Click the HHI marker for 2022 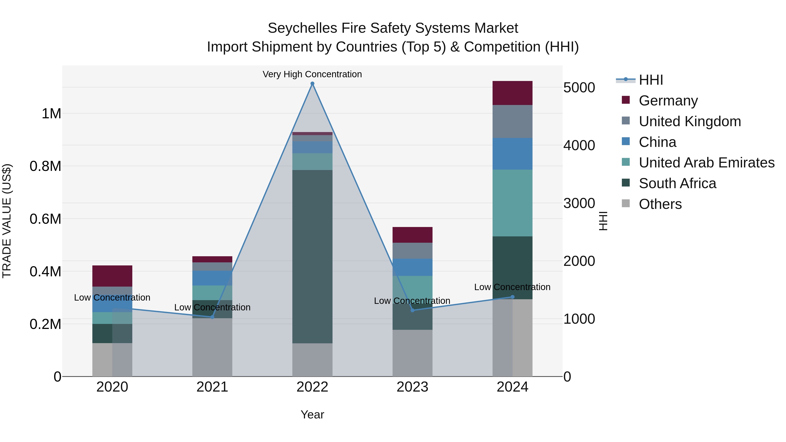coord(312,84)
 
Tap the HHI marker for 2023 coord(412,310)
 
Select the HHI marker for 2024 coord(512,297)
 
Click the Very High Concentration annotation coord(312,74)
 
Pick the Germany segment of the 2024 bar coord(512,93)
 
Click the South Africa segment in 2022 coord(312,256)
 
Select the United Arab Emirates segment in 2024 coord(512,203)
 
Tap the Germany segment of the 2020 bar coord(112,276)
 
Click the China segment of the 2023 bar coord(412,267)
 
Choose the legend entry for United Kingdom coord(689,121)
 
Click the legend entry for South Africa coord(677,183)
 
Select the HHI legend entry coord(651,80)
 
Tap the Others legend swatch coord(626,203)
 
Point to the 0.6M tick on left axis coord(45,219)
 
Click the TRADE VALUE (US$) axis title coord(7,221)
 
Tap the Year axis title coord(312,414)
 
